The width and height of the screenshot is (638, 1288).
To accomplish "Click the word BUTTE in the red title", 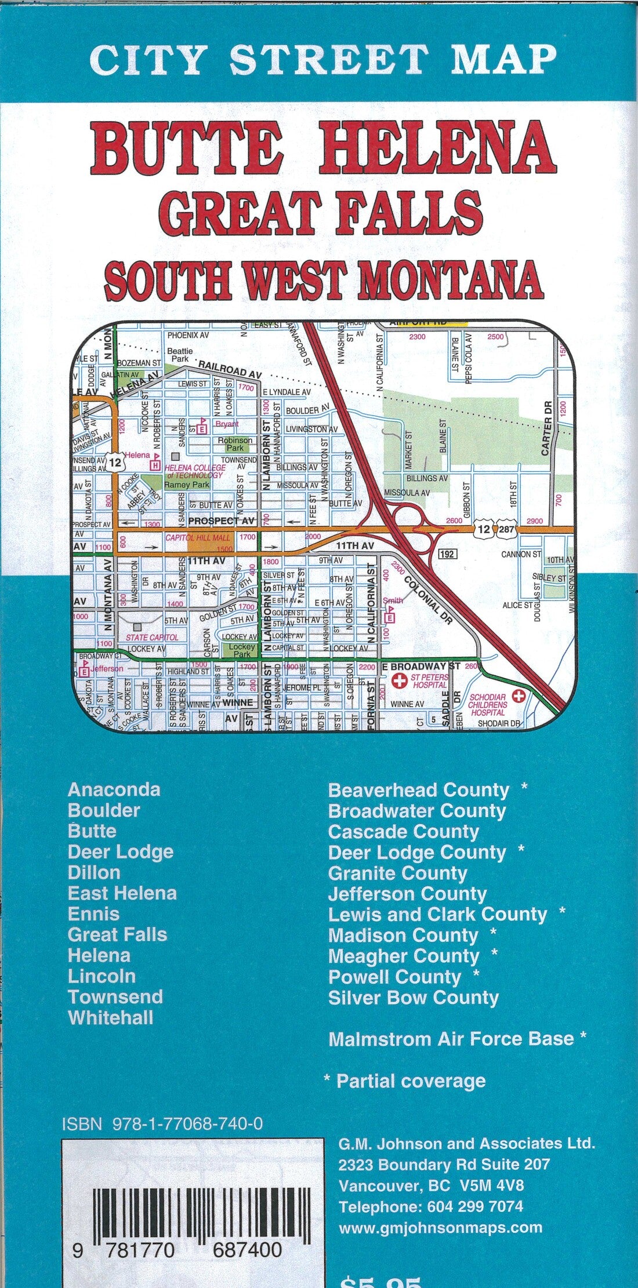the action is point(187,147).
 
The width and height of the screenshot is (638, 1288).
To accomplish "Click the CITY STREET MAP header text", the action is point(322,59).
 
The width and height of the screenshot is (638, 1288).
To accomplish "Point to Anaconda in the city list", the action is point(114,789).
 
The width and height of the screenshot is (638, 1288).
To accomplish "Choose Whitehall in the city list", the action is point(110,1017).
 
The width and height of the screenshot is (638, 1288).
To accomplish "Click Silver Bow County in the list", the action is point(413,998).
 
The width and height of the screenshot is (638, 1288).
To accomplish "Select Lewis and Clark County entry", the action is point(437,914).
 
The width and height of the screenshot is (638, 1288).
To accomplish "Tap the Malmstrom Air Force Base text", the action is point(451,1039).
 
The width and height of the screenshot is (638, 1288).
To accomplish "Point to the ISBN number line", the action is point(162,1124).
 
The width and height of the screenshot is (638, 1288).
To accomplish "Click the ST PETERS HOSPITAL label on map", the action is point(429,681).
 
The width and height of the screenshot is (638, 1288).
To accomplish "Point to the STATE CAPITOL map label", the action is point(152,637).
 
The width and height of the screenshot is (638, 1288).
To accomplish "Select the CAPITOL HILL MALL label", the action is point(197,537).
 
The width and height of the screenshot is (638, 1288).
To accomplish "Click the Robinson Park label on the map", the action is point(235,444).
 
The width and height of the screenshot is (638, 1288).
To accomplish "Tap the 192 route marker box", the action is point(447,554).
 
